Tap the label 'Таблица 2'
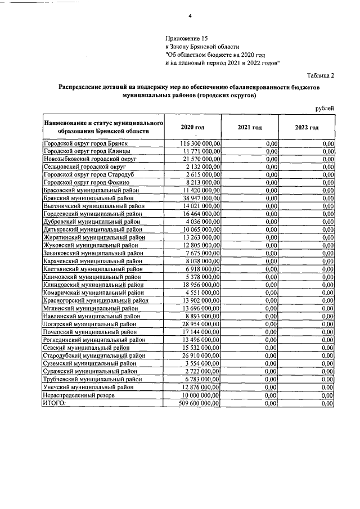(x=321, y=75)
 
